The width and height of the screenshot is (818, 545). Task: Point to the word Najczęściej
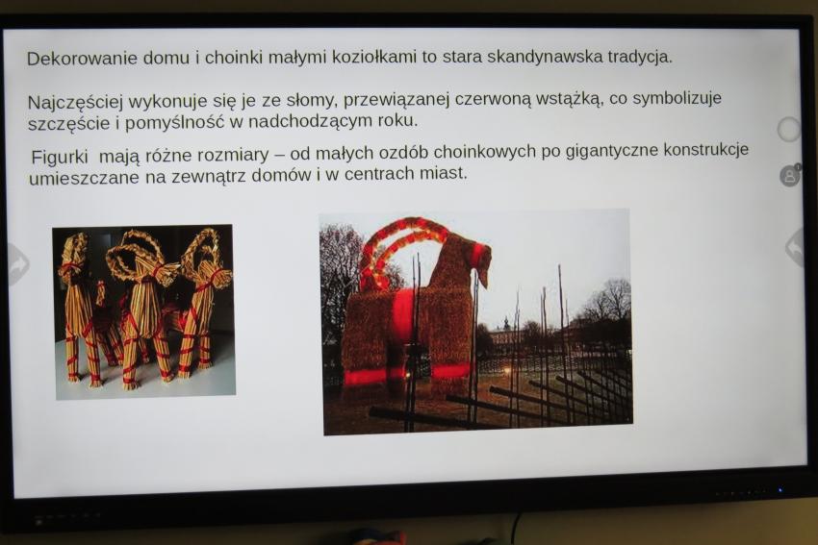click(76, 102)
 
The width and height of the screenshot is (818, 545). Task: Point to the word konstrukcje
click(705, 150)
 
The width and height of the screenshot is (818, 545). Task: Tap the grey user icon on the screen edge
click(790, 175)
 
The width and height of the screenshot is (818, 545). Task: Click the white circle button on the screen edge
click(789, 129)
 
